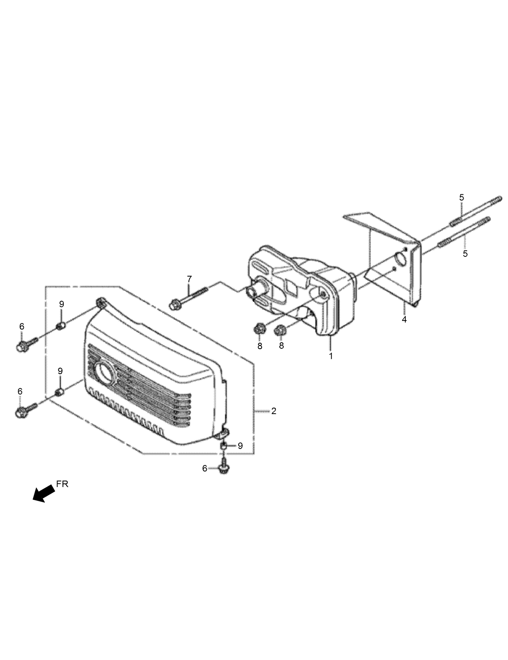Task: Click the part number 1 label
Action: click(x=331, y=356)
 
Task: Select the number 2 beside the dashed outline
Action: click(x=274, y=411)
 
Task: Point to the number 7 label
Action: click(x=189, y=279)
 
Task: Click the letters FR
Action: click(x=63, y=484)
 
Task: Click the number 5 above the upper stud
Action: click(x=462, y=198)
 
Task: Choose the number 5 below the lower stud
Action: click(x=465, y=254)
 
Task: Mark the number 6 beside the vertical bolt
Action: click(x=204, y=468)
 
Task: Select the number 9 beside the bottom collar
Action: click(x=240, y=446)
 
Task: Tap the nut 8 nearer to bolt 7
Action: click(x=259, y=329)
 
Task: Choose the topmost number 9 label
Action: click(x=61, y=304)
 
